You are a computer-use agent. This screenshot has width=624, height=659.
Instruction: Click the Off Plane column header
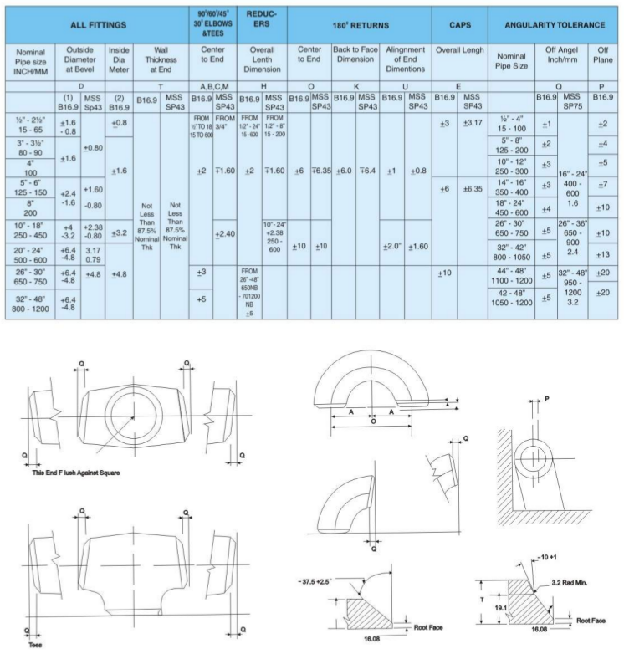pyautogui.click(x=604, y=61)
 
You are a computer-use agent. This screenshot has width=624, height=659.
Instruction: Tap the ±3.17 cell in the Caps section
pyautogui.click(x=473, y=125)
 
